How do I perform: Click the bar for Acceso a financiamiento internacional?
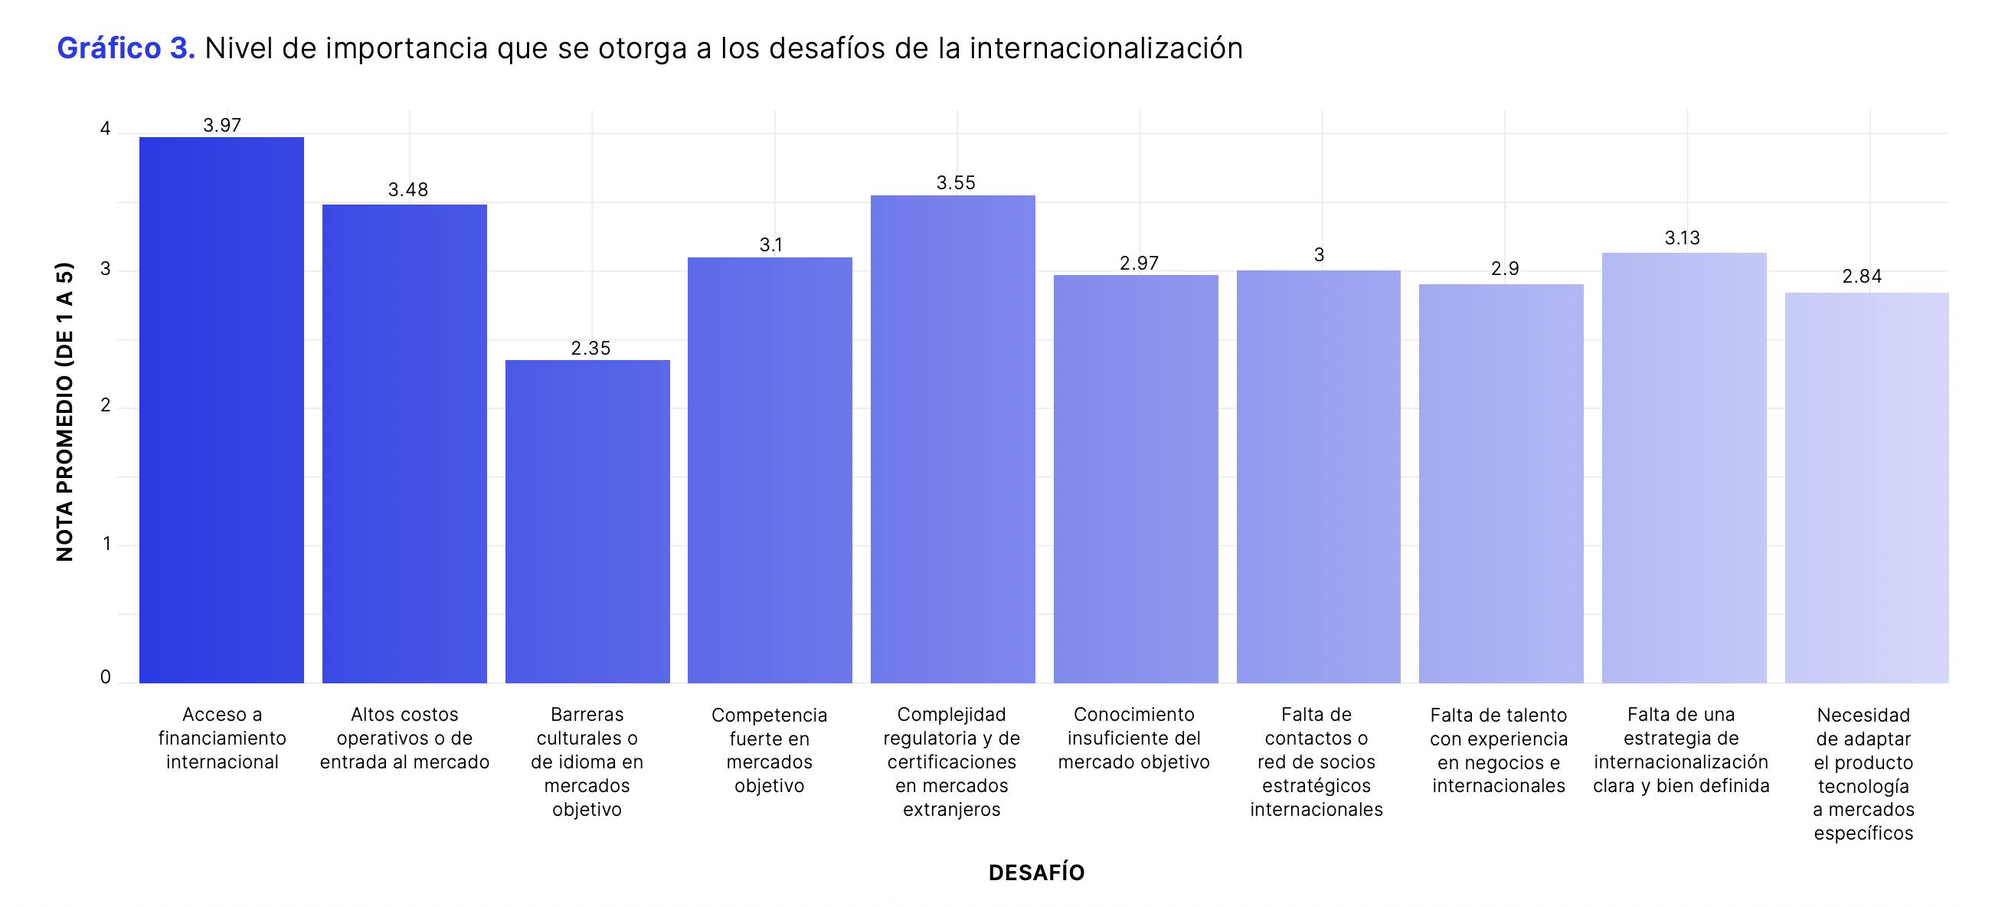[221, 411]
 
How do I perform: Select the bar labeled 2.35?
[587, 522]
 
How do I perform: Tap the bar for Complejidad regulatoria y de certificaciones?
[952, 439]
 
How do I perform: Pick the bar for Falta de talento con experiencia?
[1500, 483]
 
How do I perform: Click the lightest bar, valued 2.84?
[1866, 488]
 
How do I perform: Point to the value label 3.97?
[222, 126]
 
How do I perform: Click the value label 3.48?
[408, 190]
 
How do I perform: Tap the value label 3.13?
[1682, 238]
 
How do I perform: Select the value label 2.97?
[1139, 264]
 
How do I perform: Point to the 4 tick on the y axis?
[106, 129]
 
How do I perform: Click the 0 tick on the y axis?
[106, 677]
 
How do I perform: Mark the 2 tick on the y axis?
[106, 405]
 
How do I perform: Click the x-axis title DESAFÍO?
[1036, 873]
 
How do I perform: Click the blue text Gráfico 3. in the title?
[126, 48]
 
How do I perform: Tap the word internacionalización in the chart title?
[1105, 48]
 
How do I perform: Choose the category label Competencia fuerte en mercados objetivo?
[769, 750]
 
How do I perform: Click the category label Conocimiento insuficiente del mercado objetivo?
[1133, 738]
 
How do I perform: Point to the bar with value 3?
[1318, 476]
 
